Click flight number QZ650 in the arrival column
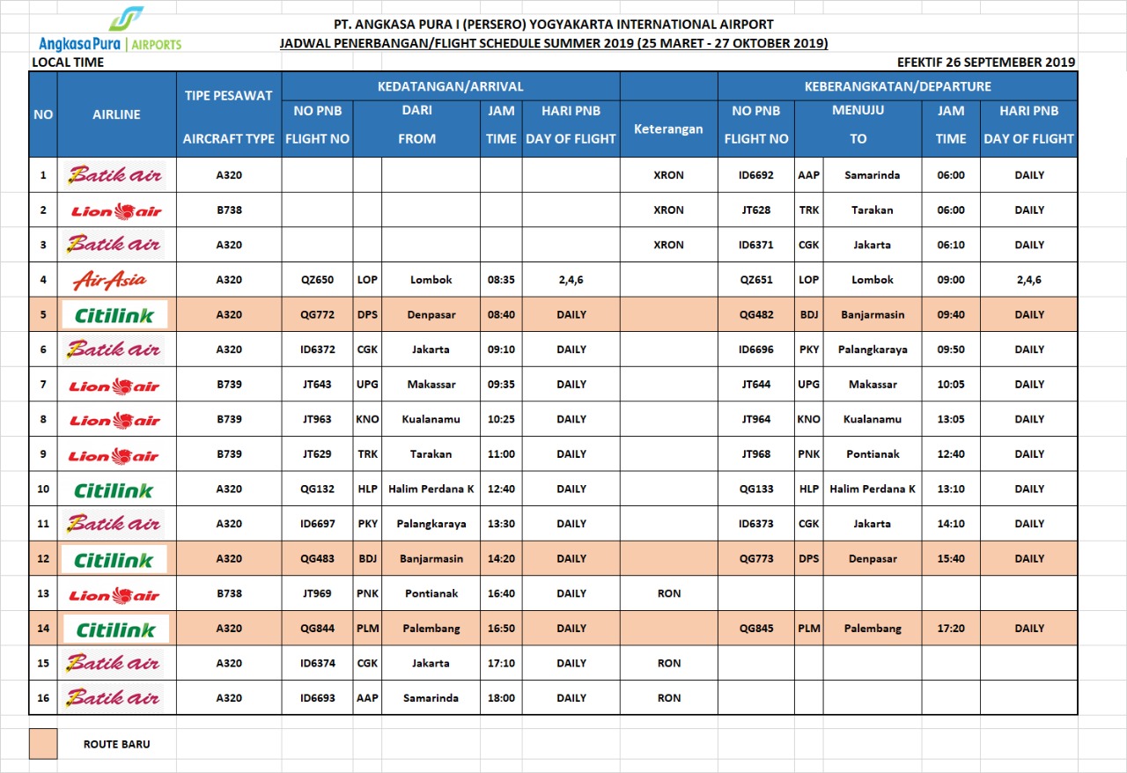tap(317, 280)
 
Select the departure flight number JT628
tap(755, 210)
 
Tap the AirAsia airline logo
tap(110, 281)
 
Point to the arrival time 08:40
tap(501, 314)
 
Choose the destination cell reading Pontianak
tap(873, 454)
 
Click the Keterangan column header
tap(668, 129)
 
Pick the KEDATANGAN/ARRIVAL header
tap(450, 86)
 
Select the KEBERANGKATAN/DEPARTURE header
tap(897, 86)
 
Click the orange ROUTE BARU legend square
tap(43, 743)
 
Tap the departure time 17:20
tap(951, 629)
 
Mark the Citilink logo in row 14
tap(115, 629)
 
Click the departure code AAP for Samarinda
tap(808, 175)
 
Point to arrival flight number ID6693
tap(317, 698)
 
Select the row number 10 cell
tap(43, 490)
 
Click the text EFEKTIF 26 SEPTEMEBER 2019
tap(985, 63)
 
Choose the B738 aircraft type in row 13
tap(229, 593)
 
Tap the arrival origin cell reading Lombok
tap(431, 280)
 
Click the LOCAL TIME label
tap(68, 63)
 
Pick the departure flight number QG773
tap(755, 559)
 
